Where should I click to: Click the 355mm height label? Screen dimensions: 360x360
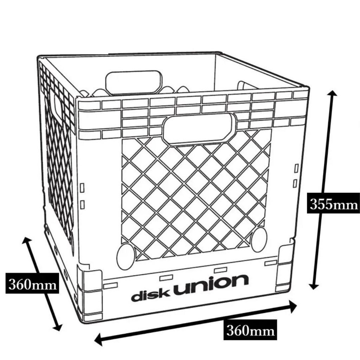[x=333, y=204]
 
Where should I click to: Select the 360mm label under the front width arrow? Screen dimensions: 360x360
[x=250, y=330]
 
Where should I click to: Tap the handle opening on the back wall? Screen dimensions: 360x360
[x=134, y=82]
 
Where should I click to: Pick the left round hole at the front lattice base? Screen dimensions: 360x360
[x=126, y=256]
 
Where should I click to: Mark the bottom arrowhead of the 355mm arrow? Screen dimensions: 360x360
[x=313, y=285]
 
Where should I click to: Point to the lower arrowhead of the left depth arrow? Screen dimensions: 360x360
[x=58, y=326]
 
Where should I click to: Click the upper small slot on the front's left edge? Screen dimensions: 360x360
[x=82, y=188]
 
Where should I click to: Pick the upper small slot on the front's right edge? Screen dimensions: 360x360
[x=296, y=168]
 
